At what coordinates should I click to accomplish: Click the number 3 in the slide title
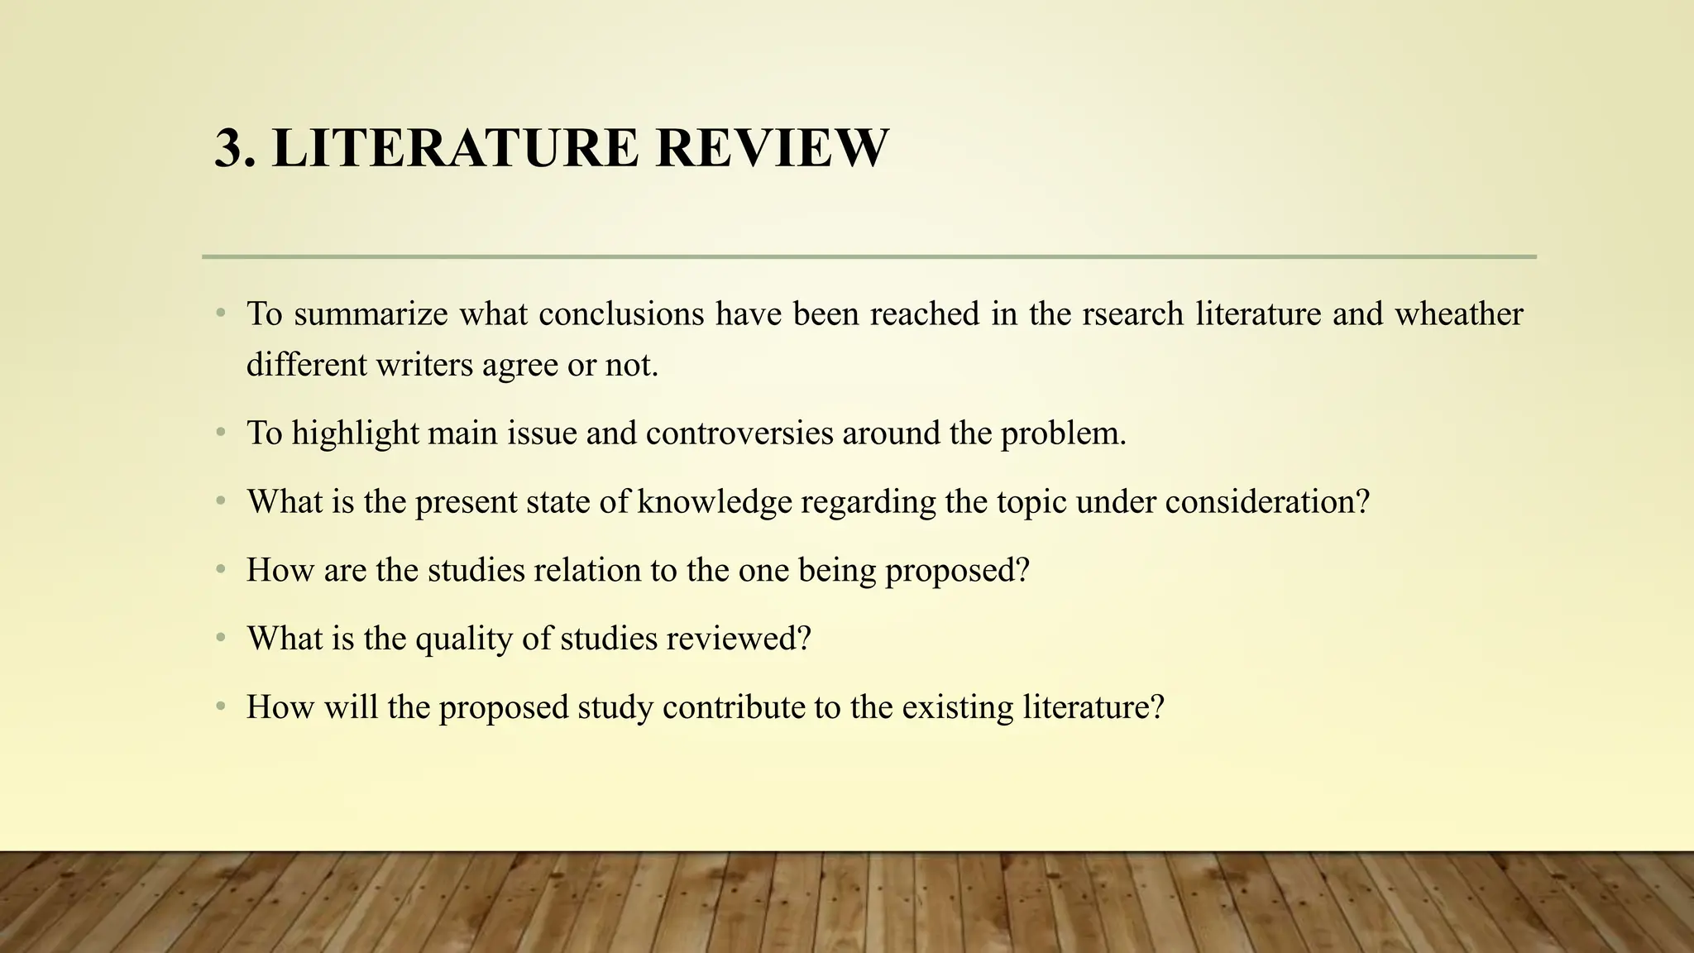click(231, 149)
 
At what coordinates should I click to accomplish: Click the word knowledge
click(715, 502)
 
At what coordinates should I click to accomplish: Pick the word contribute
click(734, 708)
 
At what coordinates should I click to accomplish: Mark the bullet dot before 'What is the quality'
click(220, 639)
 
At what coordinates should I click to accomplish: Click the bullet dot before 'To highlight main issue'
click(220, 433)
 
